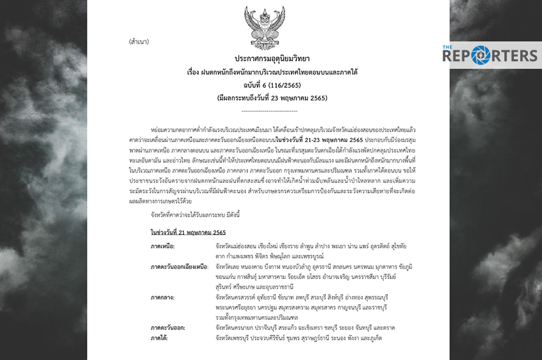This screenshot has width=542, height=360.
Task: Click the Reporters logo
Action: tap(490, 55)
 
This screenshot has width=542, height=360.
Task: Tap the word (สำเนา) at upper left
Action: tap(140, 41)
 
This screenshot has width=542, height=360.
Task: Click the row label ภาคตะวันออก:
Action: tap(168, 328)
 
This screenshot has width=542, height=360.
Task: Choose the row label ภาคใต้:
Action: tap(159, 338)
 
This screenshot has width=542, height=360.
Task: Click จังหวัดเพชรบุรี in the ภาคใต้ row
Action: tap(233, 338)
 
